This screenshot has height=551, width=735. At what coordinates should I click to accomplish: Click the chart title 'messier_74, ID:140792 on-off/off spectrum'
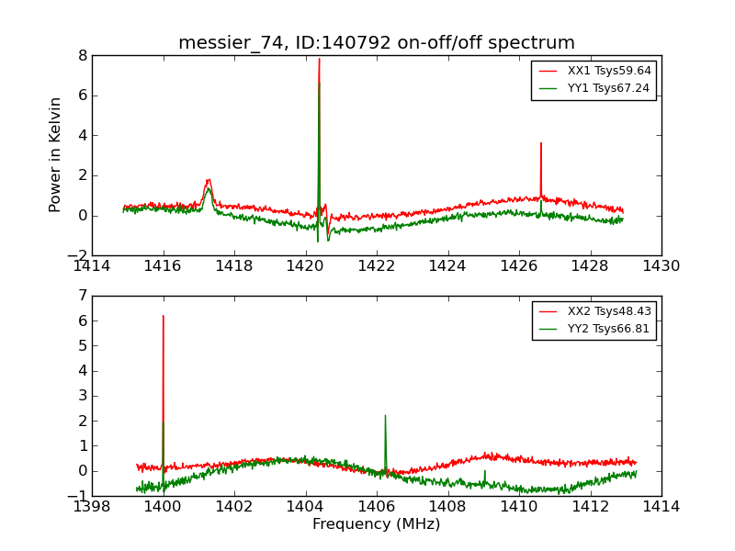(377, 43)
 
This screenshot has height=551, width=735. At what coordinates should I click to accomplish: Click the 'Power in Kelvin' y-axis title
(56, 154)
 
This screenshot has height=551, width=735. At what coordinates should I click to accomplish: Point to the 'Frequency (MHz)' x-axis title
(376, 524)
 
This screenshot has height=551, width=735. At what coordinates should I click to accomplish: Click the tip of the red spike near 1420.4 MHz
(319, 59)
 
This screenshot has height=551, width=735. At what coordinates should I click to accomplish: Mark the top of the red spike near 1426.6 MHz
(541, 143)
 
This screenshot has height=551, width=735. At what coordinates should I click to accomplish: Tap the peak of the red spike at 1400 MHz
(164, 316)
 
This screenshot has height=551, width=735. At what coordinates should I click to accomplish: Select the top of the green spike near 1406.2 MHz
(385, 415)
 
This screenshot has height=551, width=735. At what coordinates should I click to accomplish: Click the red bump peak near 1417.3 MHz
(209, 179)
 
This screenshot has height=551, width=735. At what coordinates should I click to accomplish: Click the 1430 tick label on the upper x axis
(661, 266)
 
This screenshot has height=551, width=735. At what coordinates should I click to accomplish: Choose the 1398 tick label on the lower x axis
(92, 506)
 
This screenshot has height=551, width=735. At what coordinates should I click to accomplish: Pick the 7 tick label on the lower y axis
(83, 296)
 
